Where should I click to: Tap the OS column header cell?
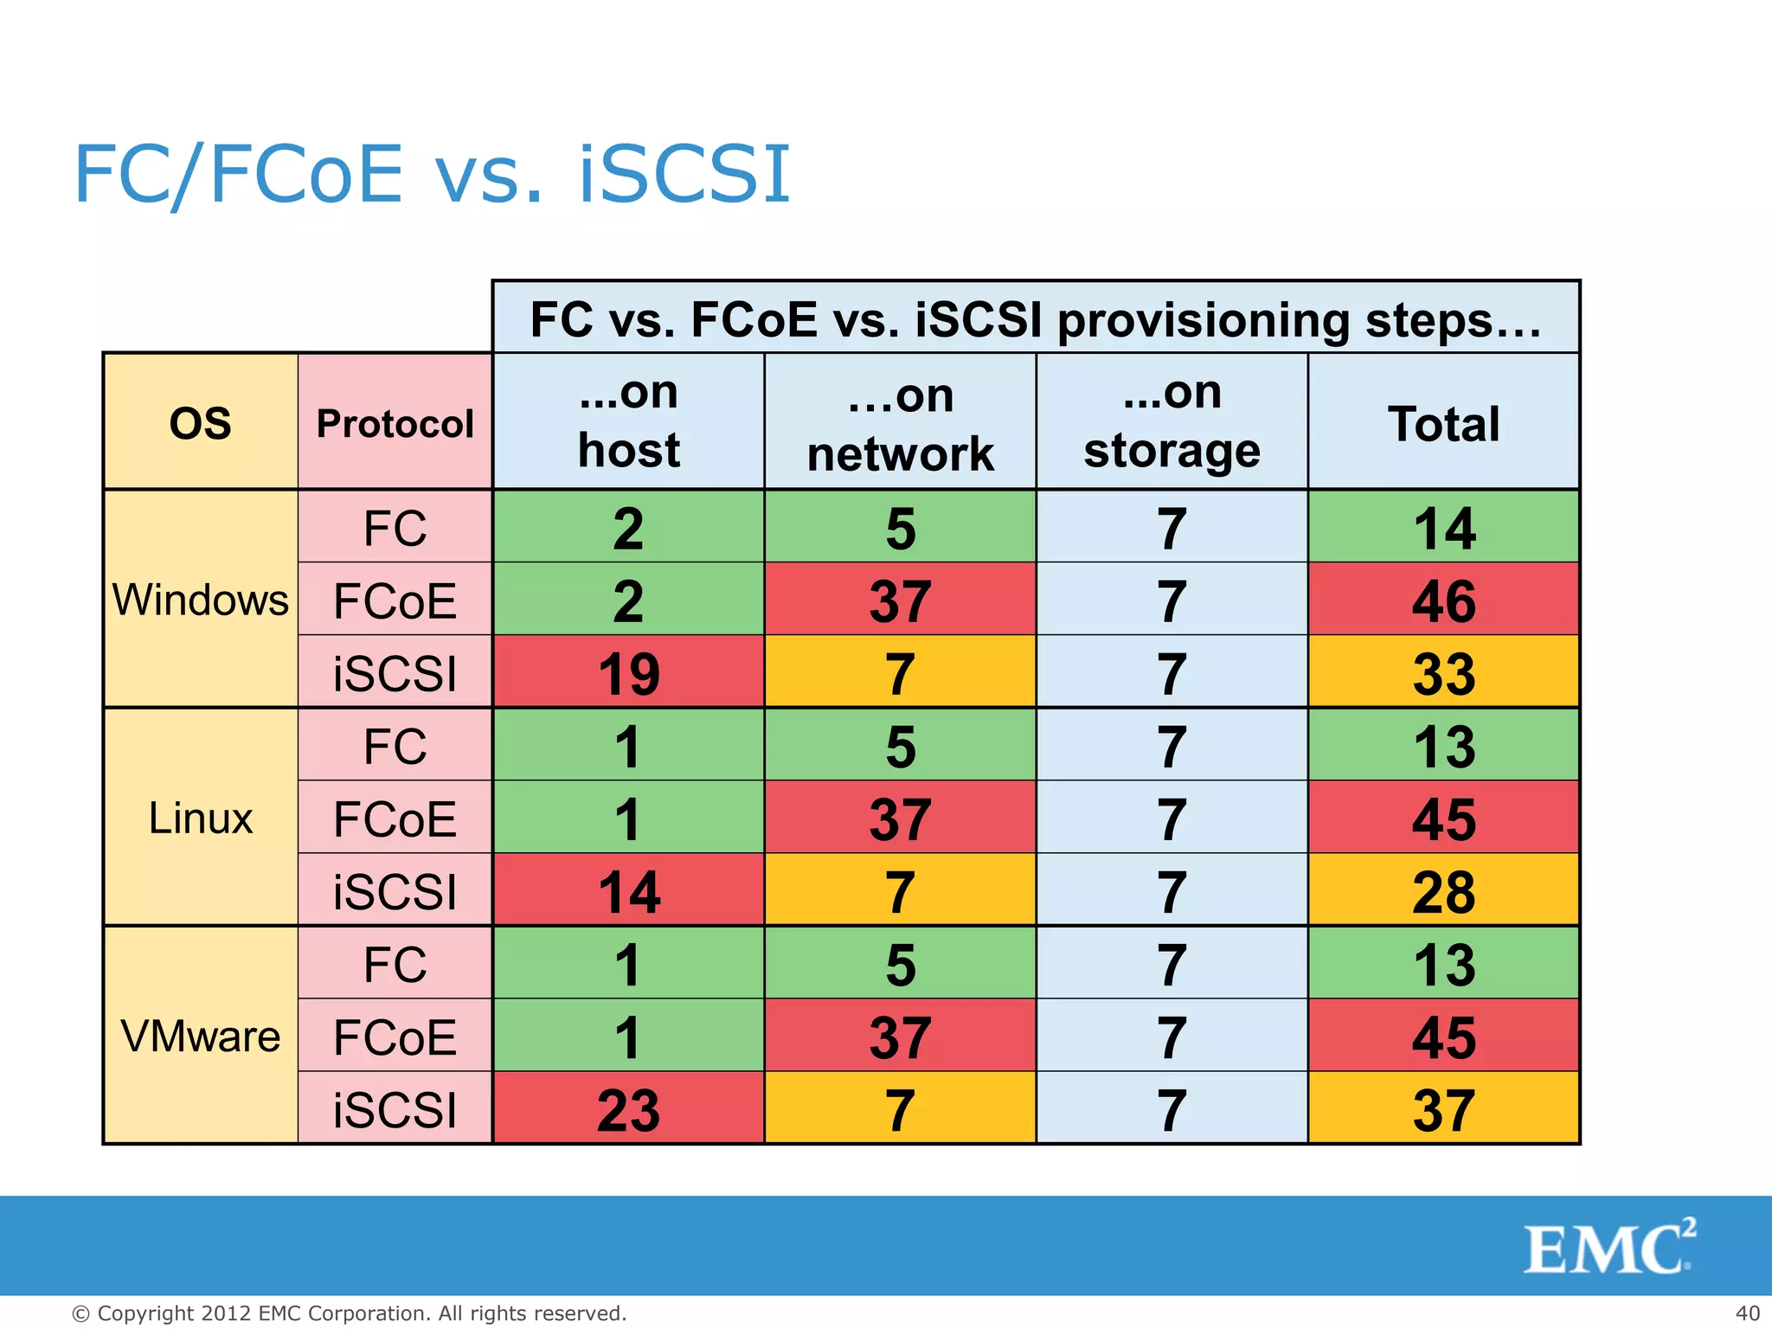[x=200, y=422]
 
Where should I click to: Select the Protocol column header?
[x=395, y=422]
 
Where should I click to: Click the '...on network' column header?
[x=900, y=422]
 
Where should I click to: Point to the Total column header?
[x=1443, y=422]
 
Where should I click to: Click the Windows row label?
[x=200, y=599]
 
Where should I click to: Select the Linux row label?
[x=200, y=817]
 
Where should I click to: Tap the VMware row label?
[x=200, y=1035]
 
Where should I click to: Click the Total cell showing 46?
[x=1443, y=600]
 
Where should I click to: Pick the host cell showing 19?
[x=628, y=672]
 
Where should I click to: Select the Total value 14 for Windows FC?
[x=1443, y=527]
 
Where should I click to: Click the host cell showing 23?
[x=628, y=1108]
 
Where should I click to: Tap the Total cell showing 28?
[x=1443, y=890]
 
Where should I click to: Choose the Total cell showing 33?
[x=1443, y=672]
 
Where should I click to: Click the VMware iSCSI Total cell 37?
[x=1443, y=1108]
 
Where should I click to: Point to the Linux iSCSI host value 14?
[x=628, y=890]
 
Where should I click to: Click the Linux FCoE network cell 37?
[x=900, y=818]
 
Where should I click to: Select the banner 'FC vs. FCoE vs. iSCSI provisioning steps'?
[x=1036, y=318]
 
